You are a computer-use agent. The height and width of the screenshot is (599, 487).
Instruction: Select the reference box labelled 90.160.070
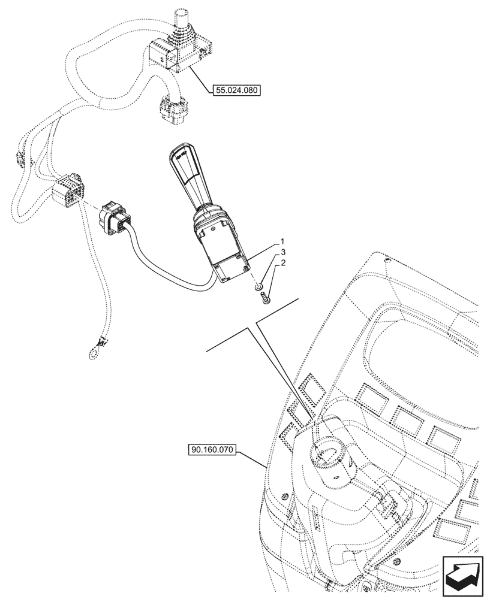pos(212,449)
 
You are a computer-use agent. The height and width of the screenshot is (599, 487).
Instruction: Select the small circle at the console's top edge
pos(388,260)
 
